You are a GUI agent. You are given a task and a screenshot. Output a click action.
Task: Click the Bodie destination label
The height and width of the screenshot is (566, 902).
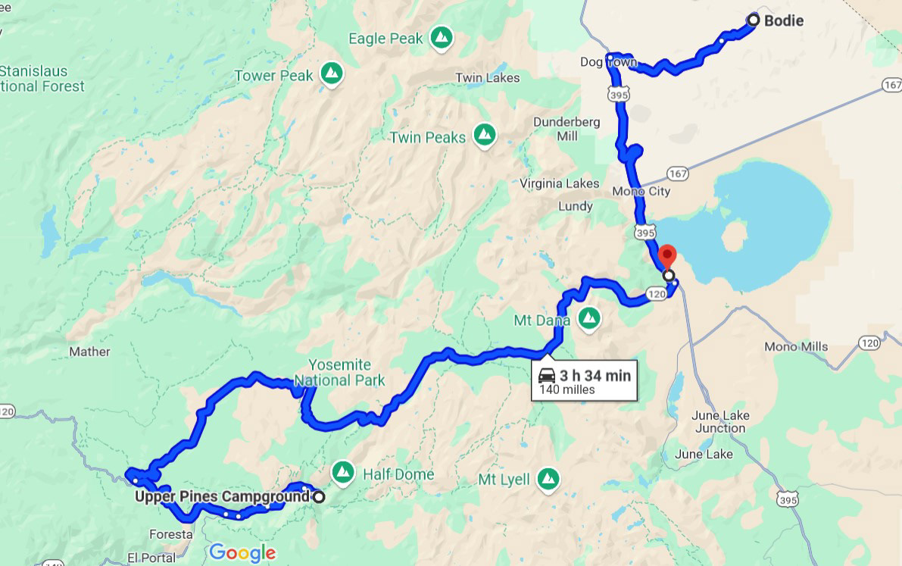coord(783,21)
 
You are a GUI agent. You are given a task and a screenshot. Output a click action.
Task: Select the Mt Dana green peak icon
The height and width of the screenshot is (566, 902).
coord(588,319)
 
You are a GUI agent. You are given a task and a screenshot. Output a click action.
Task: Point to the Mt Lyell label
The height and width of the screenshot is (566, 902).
coord(504,480)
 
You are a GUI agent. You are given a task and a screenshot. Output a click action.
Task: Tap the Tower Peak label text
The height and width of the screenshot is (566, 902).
coord(273,75)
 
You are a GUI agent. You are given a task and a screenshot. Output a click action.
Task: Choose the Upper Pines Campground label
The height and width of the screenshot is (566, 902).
coord(222,497)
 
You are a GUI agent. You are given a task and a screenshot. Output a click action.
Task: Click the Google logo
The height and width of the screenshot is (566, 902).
coord(242,553)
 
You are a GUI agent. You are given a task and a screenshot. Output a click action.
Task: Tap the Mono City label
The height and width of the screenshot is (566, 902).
coord(642,192)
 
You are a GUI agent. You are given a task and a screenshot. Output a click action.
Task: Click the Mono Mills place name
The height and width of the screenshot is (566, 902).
coord(796,346)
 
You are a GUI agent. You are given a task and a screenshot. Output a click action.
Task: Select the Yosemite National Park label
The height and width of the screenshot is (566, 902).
coord(339,373)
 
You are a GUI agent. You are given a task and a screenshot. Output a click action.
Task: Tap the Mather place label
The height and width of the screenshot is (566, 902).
coord(89,352)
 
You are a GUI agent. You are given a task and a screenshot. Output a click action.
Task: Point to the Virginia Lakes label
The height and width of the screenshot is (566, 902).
coord(560,183)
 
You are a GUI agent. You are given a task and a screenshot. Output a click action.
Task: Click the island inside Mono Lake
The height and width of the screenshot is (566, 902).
coord(735,236)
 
